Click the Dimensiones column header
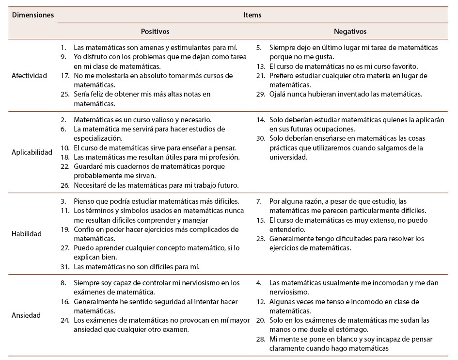click(32, 15)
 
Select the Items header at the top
click(253, 15)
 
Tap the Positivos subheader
click(155, 31)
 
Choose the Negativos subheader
click(350, 31)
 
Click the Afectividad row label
click(30, 76)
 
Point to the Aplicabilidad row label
click(32, 152)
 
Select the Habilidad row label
click(27, 233)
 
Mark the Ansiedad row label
click(26, 315)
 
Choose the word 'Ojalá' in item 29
click(278, 94)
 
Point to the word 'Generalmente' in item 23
click(292, 238)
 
